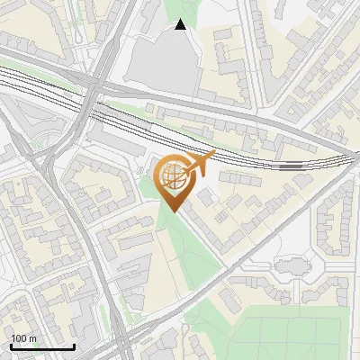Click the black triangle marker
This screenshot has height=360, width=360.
(x=181, y=24)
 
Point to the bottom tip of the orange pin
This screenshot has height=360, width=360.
(x=172, y=212)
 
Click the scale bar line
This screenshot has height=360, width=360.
(x=42, y=346)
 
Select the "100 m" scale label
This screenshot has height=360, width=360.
(x=24, y=338)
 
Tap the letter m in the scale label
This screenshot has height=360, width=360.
(x=32, y=338)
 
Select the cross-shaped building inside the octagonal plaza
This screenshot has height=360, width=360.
(x=290, y=267)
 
